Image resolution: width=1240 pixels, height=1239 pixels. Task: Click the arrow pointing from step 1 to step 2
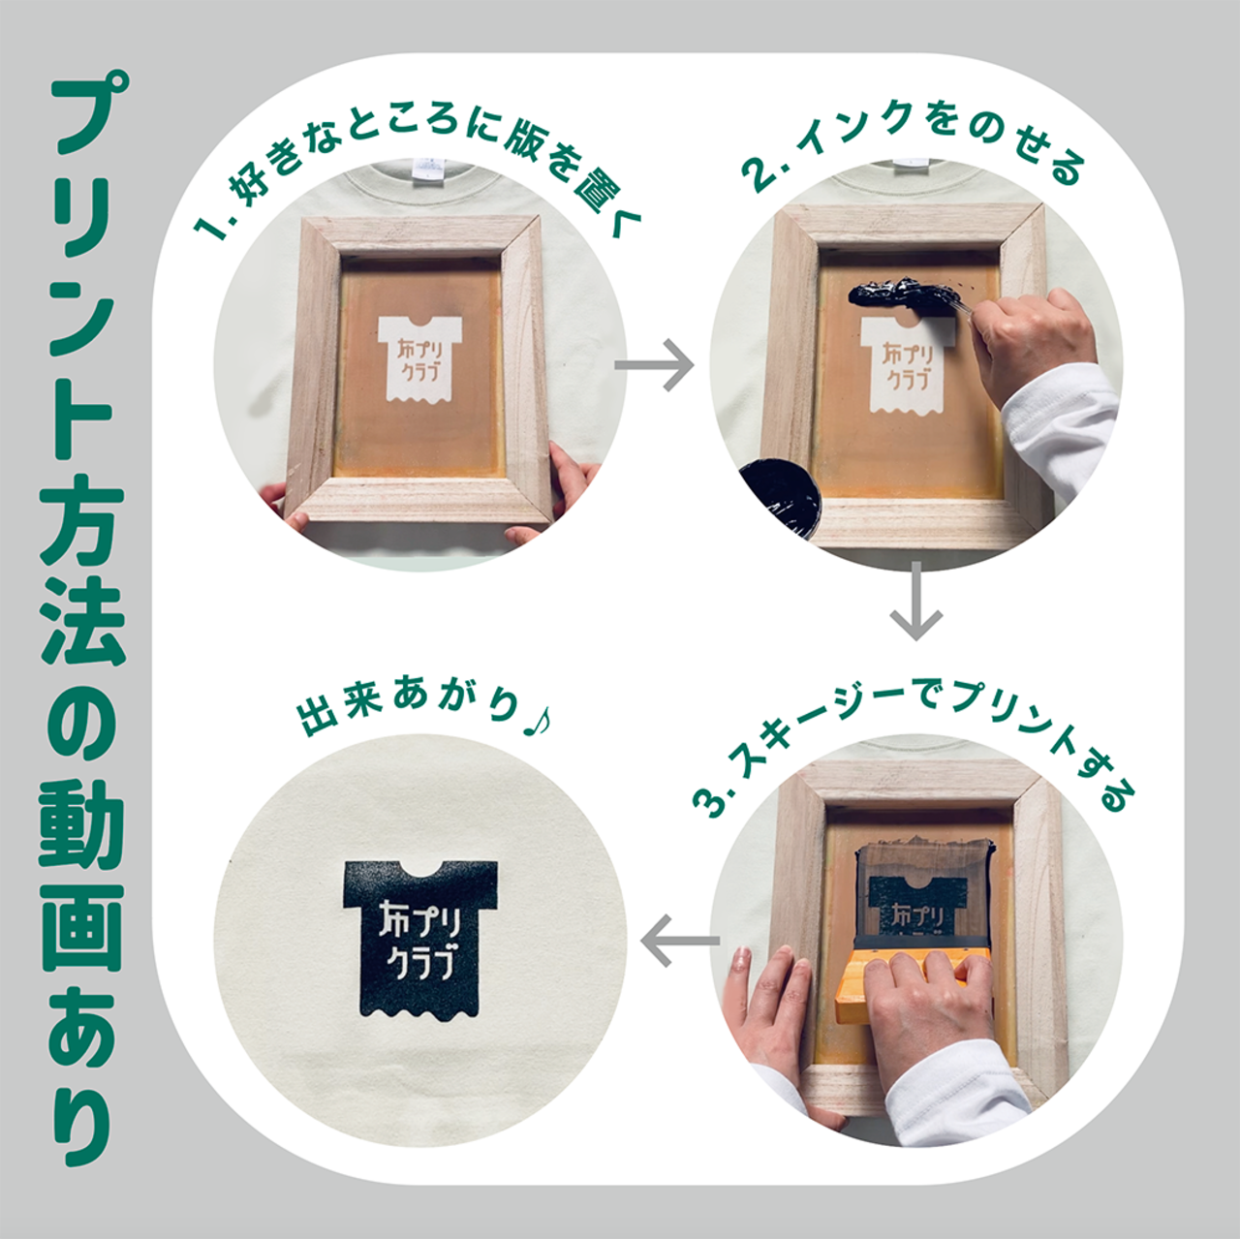point(655,365)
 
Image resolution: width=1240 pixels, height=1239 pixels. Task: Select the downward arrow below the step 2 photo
point(916,601)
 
